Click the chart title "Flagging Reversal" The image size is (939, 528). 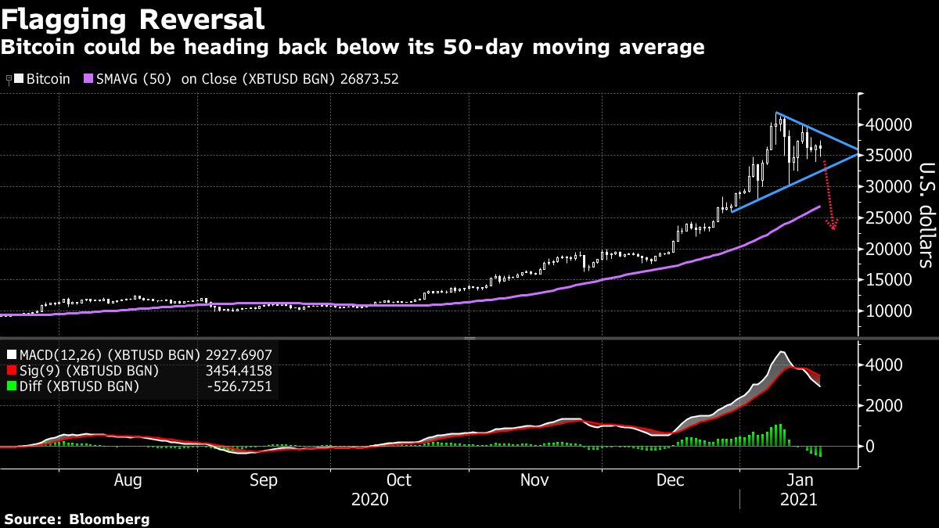[133, 18]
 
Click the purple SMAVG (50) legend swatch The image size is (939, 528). [88, 79]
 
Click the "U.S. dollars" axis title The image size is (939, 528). [925, 215]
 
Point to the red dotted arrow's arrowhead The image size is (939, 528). [834, 227]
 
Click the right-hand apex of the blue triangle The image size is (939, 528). [858, 149]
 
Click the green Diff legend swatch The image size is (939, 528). [11, 386]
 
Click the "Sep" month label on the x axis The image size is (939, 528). [263, 480]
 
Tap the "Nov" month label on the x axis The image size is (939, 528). [534, 480]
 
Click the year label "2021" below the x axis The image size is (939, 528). [798, 498]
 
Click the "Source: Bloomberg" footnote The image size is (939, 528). [77, 519]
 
